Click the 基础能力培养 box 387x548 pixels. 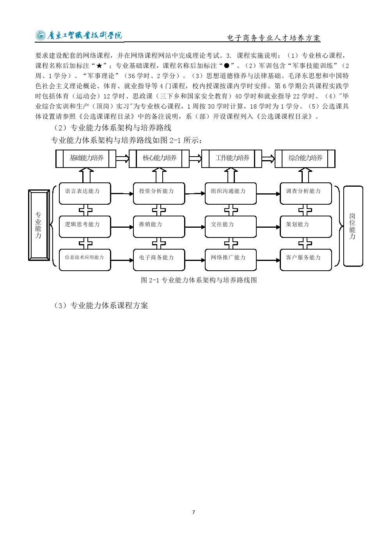[x=86, y=159]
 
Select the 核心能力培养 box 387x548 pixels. [x=159, y=159]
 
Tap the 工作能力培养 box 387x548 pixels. [x=232, y=159]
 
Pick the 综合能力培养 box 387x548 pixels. [x=305, y=159]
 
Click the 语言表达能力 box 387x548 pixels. [x=85, y=193]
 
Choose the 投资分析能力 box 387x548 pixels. [x=159, y=193]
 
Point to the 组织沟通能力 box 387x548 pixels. [x=231, y=193]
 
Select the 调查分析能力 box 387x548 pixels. [x=305, y=193]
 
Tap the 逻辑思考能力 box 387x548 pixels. [x=85, y=227]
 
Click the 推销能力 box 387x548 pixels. [x=159, y=227]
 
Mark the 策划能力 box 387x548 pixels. [x=305, y=227]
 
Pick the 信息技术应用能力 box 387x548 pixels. [x=85, y=260]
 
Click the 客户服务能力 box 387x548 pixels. [x=305, y=260]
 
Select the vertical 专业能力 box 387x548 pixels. [x=39, y=225]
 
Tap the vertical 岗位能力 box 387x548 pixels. [x=353, y=226]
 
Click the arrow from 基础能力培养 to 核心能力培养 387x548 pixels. [x=122, y=158]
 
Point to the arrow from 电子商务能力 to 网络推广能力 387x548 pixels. [x=195, y=260]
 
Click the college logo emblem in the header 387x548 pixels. [x=40, y=36]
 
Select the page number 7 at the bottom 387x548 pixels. [x=193, y=512]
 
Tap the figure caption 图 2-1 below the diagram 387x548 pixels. [x=199, y=280]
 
